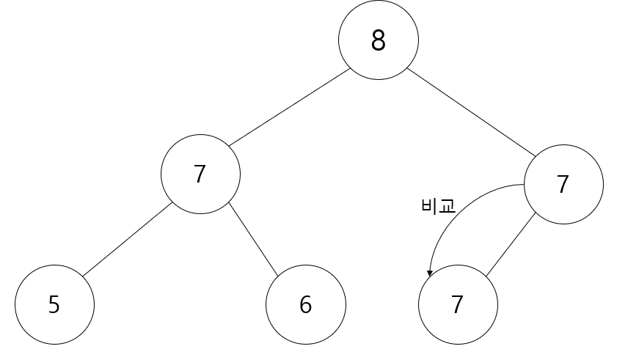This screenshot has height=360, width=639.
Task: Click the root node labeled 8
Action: point(378,40)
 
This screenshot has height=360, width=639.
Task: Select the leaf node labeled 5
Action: point(54,304)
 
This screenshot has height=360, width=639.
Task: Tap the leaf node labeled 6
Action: point(305,304)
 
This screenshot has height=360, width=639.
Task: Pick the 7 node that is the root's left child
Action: point(200,174)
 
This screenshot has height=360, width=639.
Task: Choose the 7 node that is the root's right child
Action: point(563,184)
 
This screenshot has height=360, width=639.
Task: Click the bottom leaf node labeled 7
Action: point(457,304)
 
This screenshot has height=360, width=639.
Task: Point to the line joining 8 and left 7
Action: point(289,107)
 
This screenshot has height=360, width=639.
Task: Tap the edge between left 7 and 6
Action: point(254,240)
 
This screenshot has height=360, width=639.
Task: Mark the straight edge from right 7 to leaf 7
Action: point(511,246)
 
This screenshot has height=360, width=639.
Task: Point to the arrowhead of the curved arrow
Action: point(430,273)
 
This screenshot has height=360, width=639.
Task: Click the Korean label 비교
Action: point(439,206)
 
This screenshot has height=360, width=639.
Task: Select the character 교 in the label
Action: point(448,206)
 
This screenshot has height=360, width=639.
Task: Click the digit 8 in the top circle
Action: point(378,40)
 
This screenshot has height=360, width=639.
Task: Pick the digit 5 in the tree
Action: point(54,304)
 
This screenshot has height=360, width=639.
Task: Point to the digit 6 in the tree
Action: point(305,304)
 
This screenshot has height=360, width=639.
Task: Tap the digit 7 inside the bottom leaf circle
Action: point(457,304)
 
